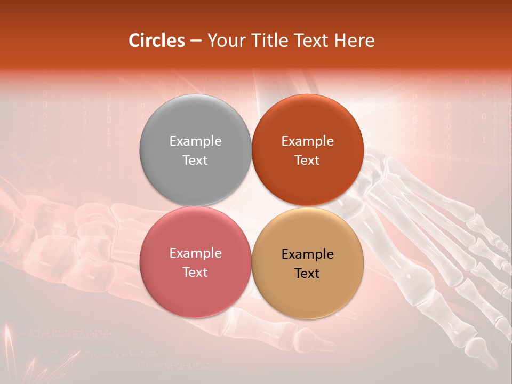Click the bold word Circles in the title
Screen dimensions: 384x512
(157, 41)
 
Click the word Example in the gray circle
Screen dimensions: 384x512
(195, 141)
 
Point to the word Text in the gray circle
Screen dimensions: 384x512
(195, 160)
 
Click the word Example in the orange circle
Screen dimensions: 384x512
(307, 141)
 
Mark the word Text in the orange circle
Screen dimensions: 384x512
(307, 160)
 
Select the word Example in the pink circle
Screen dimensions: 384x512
(195, 253)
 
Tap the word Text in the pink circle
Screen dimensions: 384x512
(195, 272)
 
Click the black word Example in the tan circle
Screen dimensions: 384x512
(307, 254)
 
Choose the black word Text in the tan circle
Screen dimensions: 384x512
(307, 273)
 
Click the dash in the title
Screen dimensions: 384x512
(196, 41)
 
